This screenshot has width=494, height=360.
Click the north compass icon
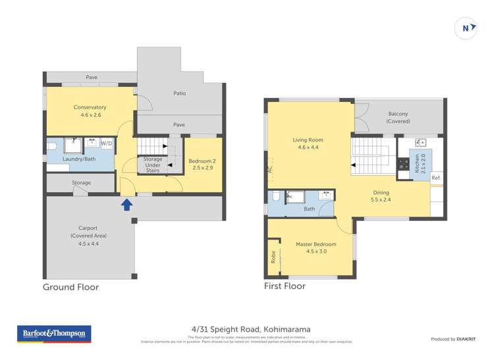[466, 28]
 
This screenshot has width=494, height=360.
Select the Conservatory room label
[90, 107]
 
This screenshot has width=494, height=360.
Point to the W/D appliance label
[106, 143]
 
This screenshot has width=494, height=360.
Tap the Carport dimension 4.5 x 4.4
[88, 244]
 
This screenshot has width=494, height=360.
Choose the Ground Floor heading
[70, 287]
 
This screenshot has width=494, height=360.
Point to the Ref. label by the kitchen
[435, 178]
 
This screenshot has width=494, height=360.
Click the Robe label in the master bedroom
[273, 257]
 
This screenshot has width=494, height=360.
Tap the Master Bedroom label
[316, 244]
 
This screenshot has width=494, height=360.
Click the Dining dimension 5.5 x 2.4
[381, 199]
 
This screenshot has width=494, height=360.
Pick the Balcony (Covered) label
[398, 114]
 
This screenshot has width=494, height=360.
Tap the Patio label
[179, 93]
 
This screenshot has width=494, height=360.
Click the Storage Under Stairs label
[153, 165]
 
